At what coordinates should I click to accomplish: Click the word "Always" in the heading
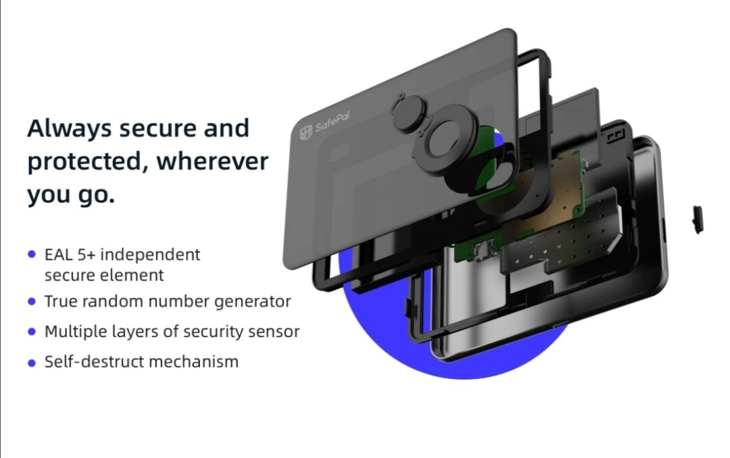[70, 128]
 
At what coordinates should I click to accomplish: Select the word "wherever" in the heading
[212, 161]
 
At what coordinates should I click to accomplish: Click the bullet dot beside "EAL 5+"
[32, 254]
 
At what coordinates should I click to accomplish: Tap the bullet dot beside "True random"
[32, 301]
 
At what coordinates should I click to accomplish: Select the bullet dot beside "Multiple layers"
[32, 332]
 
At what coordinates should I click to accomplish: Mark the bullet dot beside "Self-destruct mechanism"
[32, 363]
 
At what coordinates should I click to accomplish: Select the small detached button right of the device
[698, 220]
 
